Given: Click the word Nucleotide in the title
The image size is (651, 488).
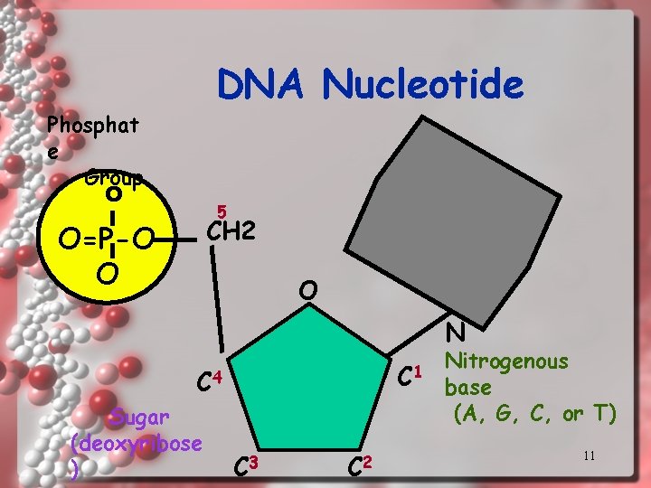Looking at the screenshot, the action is point(423,86).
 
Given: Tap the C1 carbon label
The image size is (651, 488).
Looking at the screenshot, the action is point(411,371).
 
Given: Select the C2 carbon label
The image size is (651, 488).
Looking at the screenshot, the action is point(360,466).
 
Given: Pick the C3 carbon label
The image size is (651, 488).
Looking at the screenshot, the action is point(246,466).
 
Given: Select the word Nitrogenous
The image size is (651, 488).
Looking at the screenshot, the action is point(507,361).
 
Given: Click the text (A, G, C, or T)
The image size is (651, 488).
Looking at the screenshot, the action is point(534,414).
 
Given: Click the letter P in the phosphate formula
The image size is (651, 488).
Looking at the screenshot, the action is point(106,239).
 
